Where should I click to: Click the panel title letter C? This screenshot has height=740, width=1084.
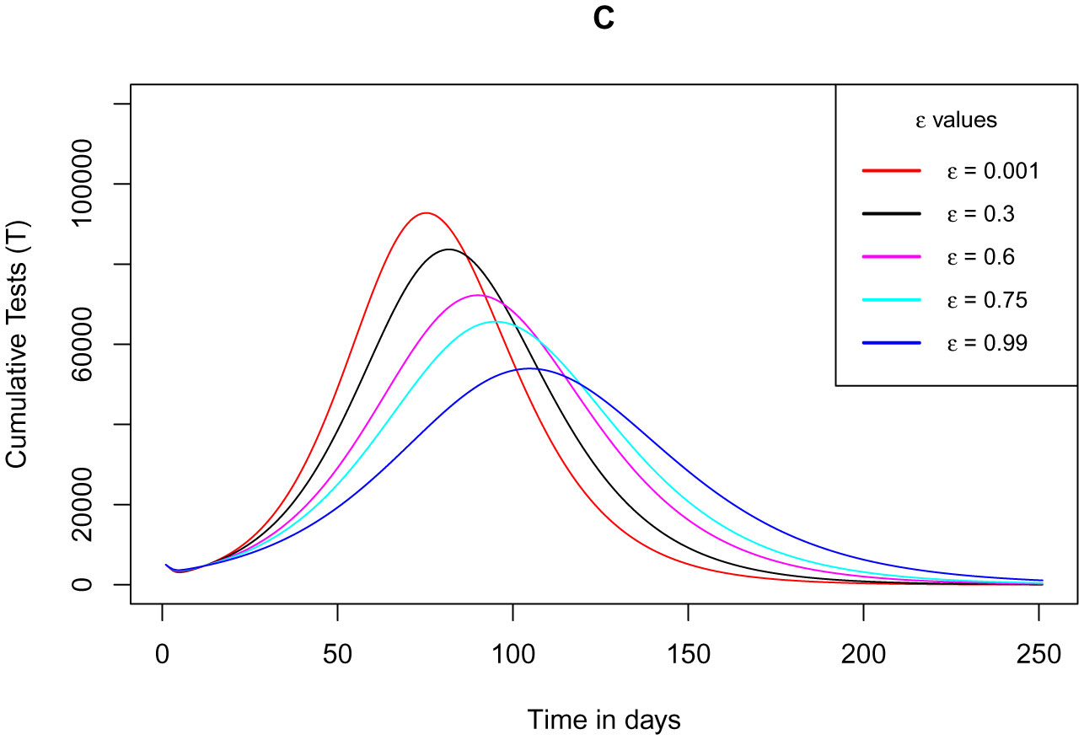tap(603, 20)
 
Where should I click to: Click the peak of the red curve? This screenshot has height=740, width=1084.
tap(426, 213)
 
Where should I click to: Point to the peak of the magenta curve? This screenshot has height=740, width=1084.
tap(478, 295)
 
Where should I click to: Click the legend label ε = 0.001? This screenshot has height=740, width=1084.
tap(992, 171)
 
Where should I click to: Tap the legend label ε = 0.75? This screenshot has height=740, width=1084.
tap(985, 300)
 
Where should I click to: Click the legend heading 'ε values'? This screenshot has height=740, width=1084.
tap(956, 121)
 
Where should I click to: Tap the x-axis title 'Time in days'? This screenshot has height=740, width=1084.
tap(604, 719)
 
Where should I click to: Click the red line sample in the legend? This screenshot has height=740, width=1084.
tap(890, 171)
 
